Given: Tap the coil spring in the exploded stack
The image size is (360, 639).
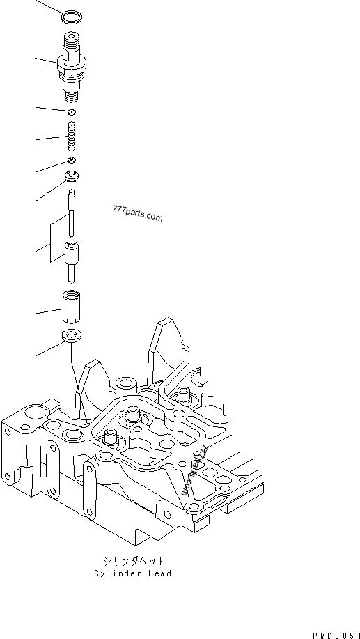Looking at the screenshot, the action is pos(72,136).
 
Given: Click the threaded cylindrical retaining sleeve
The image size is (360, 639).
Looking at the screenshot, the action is pos(71,306).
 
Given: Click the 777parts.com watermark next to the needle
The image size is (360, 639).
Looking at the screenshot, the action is pos(137,213).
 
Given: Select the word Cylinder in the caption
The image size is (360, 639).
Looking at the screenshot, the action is pos(116,573).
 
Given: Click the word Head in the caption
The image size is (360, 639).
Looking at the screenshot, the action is pos(159,573).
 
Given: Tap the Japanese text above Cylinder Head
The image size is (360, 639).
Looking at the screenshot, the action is pos(134,561).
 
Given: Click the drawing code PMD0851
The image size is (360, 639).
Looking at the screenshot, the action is pos(336,636).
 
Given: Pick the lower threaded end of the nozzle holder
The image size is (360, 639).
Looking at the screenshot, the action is pos(72,95).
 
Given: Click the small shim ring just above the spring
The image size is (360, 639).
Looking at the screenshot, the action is pos(71,112).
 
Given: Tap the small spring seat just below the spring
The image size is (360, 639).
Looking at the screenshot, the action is pos(72,160).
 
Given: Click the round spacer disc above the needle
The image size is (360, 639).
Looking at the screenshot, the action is pos(72,176).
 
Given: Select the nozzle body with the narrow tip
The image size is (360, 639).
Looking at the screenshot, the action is pos(72,261).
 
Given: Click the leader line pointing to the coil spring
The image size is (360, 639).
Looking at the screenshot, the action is pos(52,137).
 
